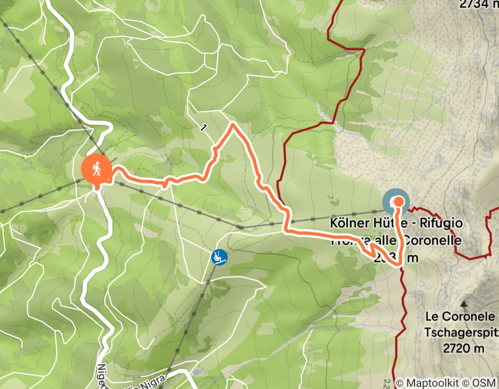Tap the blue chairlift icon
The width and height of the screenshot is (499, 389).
pos(219,256)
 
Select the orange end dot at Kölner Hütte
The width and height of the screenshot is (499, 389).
pos(398,202)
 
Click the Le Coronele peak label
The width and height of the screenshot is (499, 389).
pos(460,316)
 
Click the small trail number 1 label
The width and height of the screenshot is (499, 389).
pos(204,128)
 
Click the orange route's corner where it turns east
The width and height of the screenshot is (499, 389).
pos(287,229)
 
